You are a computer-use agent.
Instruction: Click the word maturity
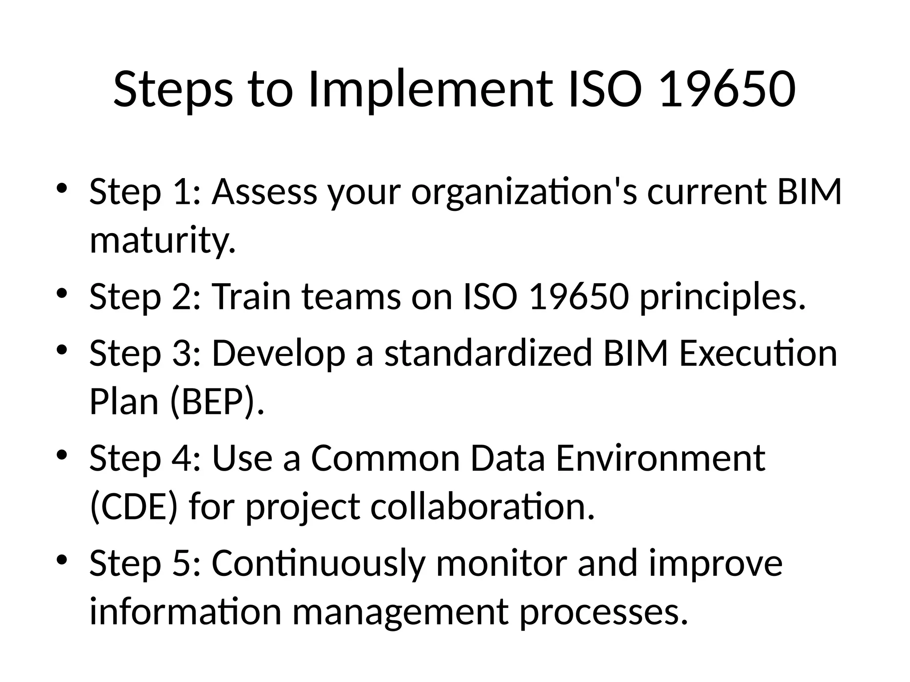162,240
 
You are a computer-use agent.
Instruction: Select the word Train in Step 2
251,297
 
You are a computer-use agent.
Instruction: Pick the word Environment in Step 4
660,458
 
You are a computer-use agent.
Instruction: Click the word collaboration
482,507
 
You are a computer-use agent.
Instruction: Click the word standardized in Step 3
488,353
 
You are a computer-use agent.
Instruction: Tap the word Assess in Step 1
264,192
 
